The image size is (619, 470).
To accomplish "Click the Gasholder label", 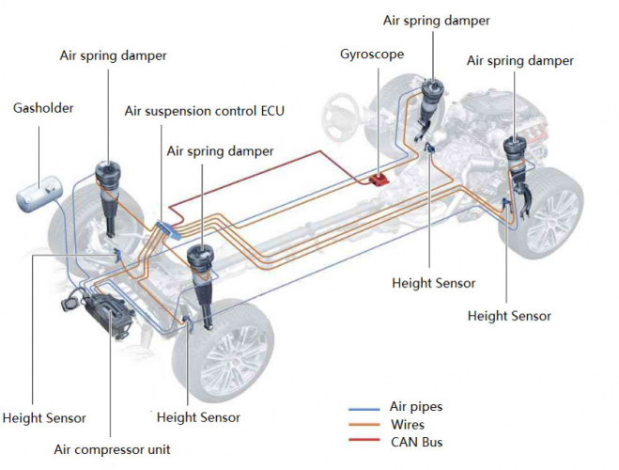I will pyautogui.click(x=43, y=108).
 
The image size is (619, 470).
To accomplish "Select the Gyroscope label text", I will pyautogui.click(x=372, y=54).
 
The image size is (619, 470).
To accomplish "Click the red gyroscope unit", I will pyautogui.click(x=380, y=176).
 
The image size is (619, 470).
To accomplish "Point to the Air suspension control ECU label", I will pyautogui.click(x=204, y=111).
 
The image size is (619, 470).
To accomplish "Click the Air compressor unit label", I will pyautogui.click(x=112, y=448).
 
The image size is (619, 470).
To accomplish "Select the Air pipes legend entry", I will pyautogui.click(x=415, y=407).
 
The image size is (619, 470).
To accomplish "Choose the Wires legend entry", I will pyautogui.click(x=407, y=424).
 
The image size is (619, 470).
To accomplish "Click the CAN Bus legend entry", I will pyautogui.click(x=415, y=441).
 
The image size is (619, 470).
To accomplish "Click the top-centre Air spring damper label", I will pyautogui.click(x=437, y=20).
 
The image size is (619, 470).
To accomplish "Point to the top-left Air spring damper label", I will pyautogui.click(x=114, y=55).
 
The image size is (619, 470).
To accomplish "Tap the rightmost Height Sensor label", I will pyautogui.click(x=509, y=316).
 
